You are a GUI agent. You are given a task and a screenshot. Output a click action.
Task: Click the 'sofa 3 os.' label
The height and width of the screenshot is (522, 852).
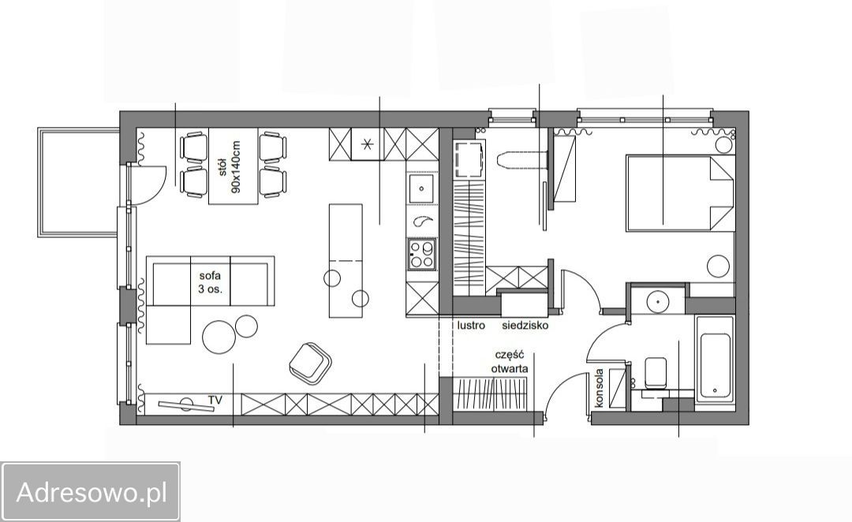tap(210, 282)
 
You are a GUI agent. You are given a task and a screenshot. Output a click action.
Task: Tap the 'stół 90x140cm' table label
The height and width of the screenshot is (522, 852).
tap(230, 166)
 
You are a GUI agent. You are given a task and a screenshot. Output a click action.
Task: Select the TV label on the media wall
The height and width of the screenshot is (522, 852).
tap(215, 401)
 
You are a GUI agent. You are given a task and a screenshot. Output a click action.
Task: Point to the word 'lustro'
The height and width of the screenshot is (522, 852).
tap(470, 326)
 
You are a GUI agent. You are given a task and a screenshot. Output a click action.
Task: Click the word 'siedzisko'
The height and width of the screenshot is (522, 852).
tap(525, 326)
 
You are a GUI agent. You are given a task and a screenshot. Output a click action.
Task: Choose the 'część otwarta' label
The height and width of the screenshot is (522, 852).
tap(510, 362)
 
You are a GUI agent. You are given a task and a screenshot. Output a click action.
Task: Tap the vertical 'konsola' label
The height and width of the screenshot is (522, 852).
tap(600, 389)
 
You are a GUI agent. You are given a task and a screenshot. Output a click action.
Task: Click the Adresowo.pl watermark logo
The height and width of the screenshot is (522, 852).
tap(90, 493)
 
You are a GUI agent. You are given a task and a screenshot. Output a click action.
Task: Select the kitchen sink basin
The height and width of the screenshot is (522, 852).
tap(421, 188)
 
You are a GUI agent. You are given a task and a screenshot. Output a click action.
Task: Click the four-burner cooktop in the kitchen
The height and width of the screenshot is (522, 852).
tap(421, 254)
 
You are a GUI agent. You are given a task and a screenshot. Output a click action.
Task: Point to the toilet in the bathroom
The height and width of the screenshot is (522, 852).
tap(655, 373)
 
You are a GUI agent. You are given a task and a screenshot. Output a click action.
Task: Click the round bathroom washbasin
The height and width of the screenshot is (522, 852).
tap(657, 300)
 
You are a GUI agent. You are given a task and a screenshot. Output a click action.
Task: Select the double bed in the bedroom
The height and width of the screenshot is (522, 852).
tap(680, 193)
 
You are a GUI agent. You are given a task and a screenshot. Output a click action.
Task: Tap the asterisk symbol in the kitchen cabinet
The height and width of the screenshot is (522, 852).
tap(368, 144)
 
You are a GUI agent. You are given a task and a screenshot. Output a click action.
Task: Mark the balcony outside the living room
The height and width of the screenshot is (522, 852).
tap(77, 182)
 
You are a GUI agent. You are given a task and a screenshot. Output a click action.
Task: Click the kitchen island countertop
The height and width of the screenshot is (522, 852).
tap(346, 261)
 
